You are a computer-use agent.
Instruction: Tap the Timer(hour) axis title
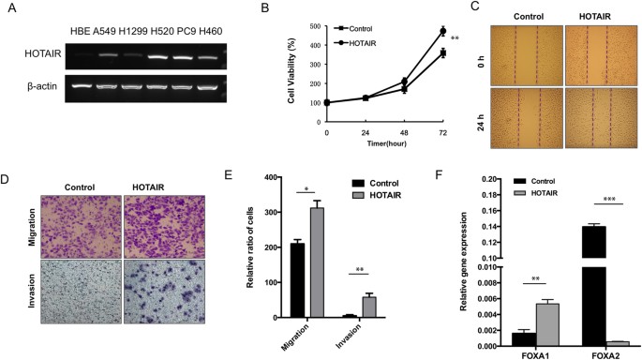click(384, 148)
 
